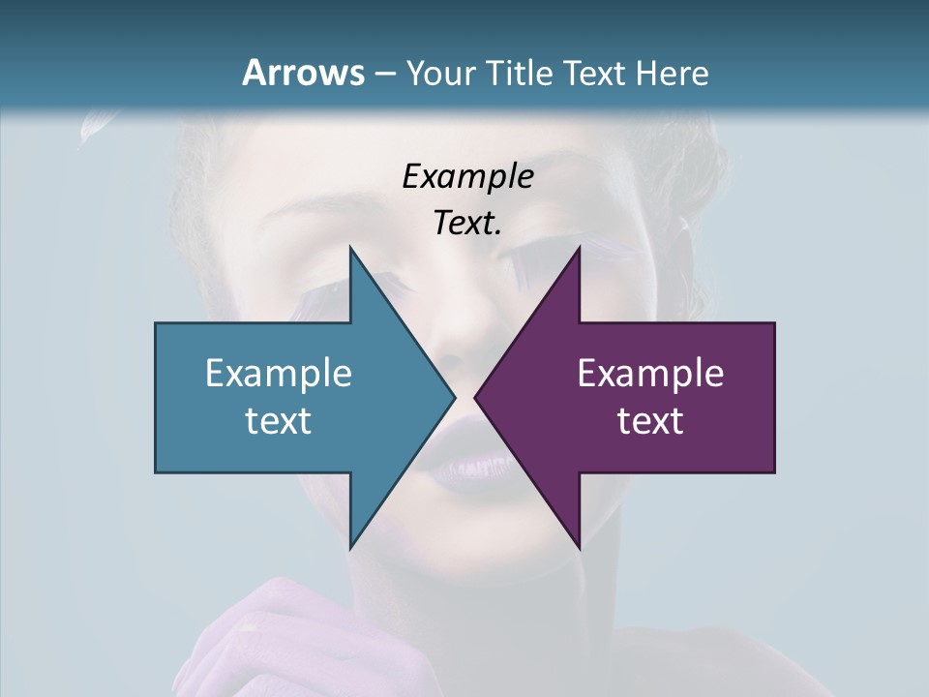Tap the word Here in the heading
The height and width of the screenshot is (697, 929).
pyautogui.click(x=672, y=73)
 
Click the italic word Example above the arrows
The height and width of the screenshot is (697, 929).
pyautogui.click(x=468, y=177)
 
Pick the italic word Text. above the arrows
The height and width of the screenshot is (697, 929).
pyautogui.click(x=468, y=224)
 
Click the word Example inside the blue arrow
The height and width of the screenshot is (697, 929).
pyautogui.click(x=279, y=373)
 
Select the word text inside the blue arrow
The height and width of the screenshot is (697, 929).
pyautogui.click(x=279, y=420)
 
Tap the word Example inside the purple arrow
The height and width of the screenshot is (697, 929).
pyautogui.click(x=650, y=373)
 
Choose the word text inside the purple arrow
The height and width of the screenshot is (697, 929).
pyautogui.click(x=650, y=420)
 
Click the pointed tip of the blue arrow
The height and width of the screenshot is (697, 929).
pyautogui.click(x=454, y=397)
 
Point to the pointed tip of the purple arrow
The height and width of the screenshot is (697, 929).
pyautogui.click(x=476, y=397)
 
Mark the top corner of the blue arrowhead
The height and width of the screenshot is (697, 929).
pyautogui.click(x=350, y=248)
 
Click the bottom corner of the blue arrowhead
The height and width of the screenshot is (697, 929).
pyautogui.click(x=350, y=547)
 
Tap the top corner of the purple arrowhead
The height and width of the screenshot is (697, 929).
pyautogui.click(x=579, y=248)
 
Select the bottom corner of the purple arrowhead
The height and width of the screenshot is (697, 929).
pyautogui.click(x=579, y=547)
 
